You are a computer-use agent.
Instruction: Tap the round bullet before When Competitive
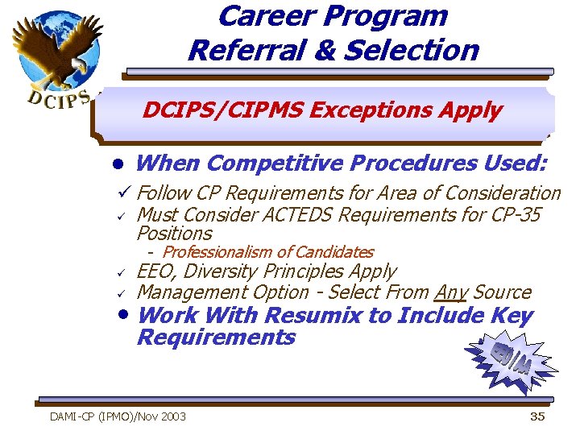tap(118, 164)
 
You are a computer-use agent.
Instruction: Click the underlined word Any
tap(451, 292)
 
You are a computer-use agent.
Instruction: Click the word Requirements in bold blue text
tap(216, 337)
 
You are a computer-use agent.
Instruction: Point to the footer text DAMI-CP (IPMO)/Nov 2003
tap(118, 416)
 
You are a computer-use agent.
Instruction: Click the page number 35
tap(536, 416)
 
